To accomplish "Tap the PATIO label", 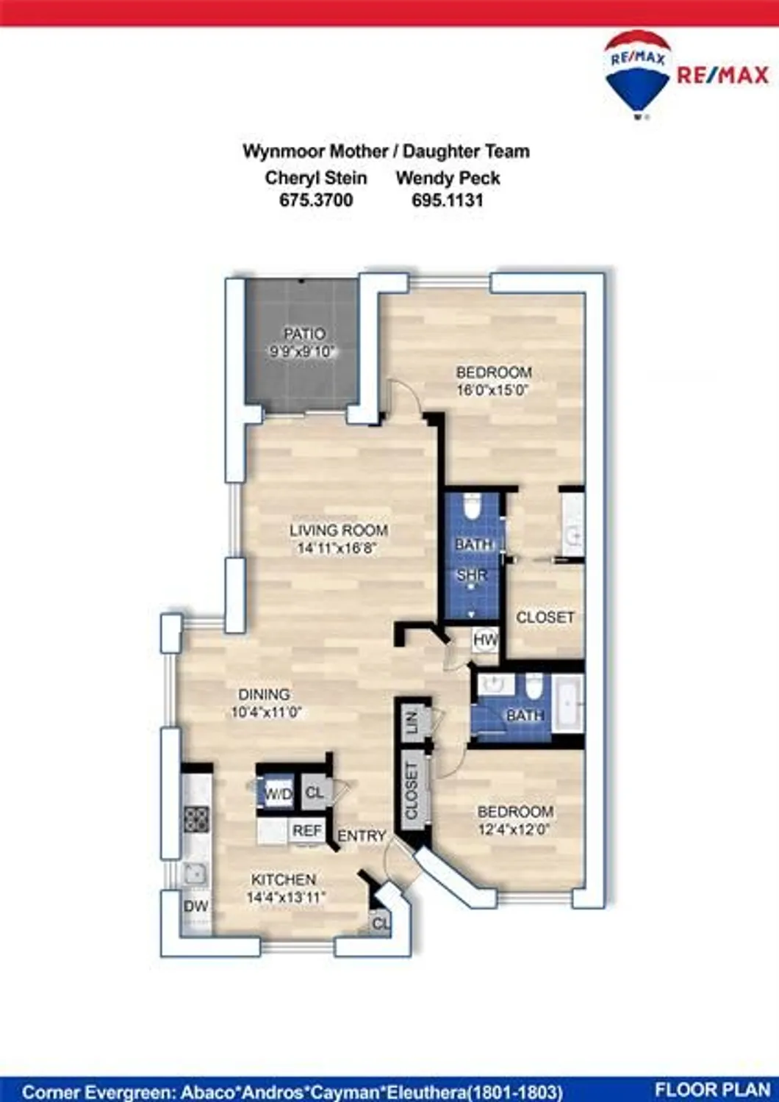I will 304,334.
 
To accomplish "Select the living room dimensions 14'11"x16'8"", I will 337,548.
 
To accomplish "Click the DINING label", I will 264,694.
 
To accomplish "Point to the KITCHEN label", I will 284,879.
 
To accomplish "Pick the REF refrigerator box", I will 307,831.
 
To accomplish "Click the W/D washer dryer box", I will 279,794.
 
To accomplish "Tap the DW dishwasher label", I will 195,907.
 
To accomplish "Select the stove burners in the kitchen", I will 196,818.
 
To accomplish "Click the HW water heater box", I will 485,640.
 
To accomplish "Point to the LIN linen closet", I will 412,721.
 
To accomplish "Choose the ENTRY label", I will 362,836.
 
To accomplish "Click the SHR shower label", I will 472,576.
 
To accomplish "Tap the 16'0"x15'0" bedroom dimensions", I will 492,390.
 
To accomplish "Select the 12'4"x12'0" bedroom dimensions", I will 514,829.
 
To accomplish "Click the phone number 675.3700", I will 316,200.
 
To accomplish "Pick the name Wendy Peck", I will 448,178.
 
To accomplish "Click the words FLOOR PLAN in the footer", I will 711,1090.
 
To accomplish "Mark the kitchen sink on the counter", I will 195,873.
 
